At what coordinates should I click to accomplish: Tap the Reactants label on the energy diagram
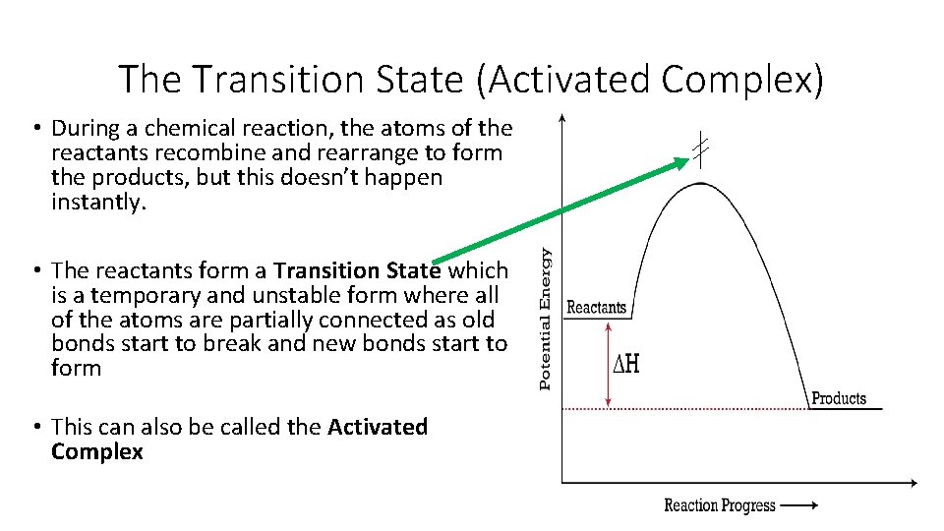[596, 307]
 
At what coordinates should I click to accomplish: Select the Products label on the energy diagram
[838, 398]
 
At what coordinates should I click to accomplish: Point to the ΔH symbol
[626, 364]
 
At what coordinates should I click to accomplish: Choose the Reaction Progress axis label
[720, 505]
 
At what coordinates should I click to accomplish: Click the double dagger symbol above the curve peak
[699, 149]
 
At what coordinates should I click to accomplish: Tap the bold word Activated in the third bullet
[378, 427]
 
